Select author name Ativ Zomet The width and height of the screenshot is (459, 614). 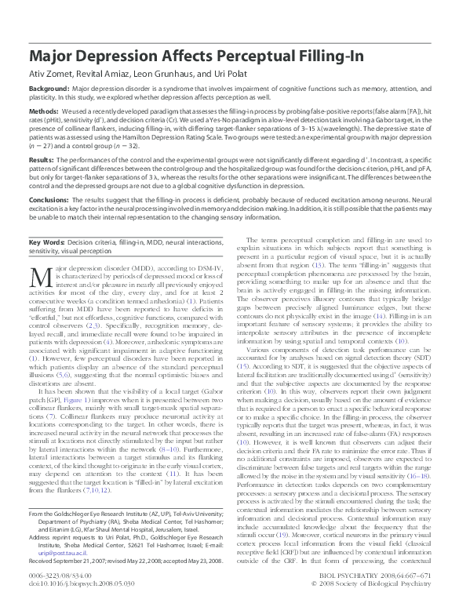[x=50, y=77]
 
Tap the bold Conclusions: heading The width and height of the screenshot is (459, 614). [x=50, y=199]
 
